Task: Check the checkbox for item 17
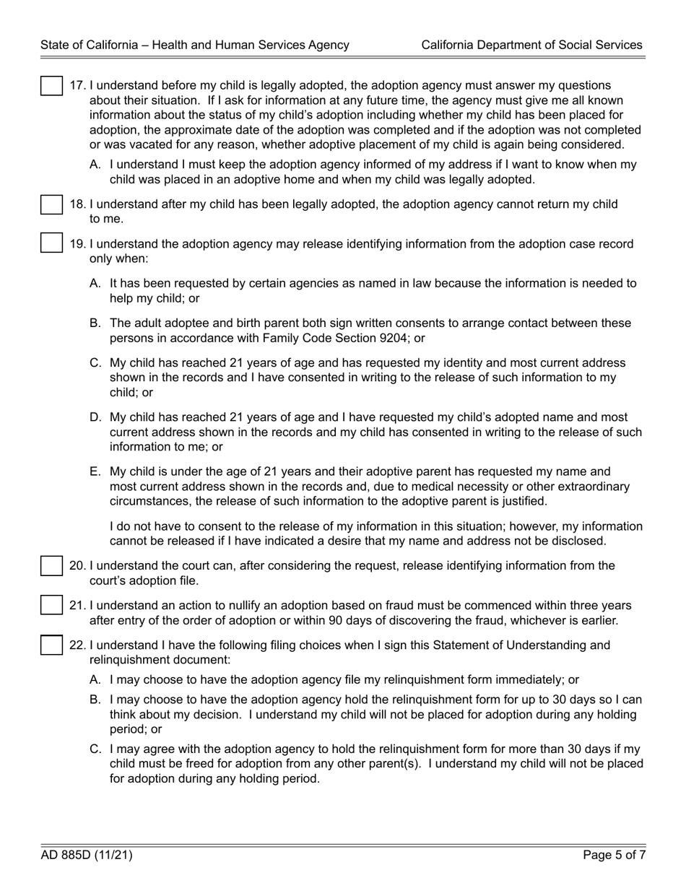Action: (x=51, y=85)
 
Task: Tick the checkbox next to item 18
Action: (x=51, y=204)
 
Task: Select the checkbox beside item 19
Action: (x=51, y=244)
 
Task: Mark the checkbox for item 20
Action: (x=51, y=566)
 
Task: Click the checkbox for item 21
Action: (x=51, y=605)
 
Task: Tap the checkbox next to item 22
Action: (x=51, y=645)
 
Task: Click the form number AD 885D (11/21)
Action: (x=87, y=856)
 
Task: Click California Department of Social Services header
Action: (x=531, y=45)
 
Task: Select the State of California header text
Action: (x=195, y=45)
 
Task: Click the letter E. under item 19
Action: (x=95, y=472)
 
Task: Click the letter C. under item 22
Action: (x=95, y=749)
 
